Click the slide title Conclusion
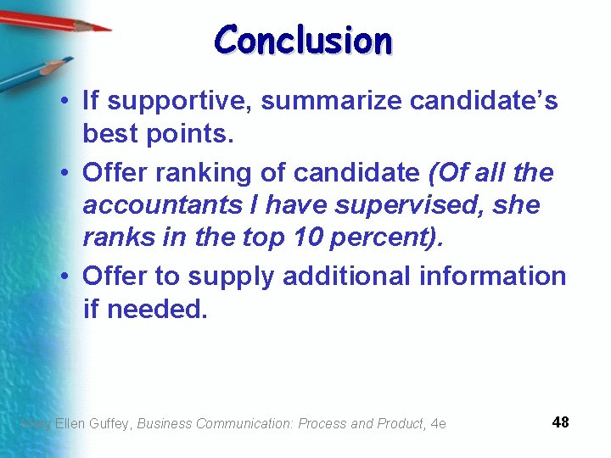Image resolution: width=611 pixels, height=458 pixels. tap(303, 41)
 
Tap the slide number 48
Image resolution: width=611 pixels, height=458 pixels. tap(560, 422)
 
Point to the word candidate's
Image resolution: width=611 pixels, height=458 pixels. tap(485, 102)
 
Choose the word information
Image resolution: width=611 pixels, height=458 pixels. tap(493, 276)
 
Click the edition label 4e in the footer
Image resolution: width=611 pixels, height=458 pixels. tap(438, 423)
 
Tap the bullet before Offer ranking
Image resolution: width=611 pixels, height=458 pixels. tap(64, 174)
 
